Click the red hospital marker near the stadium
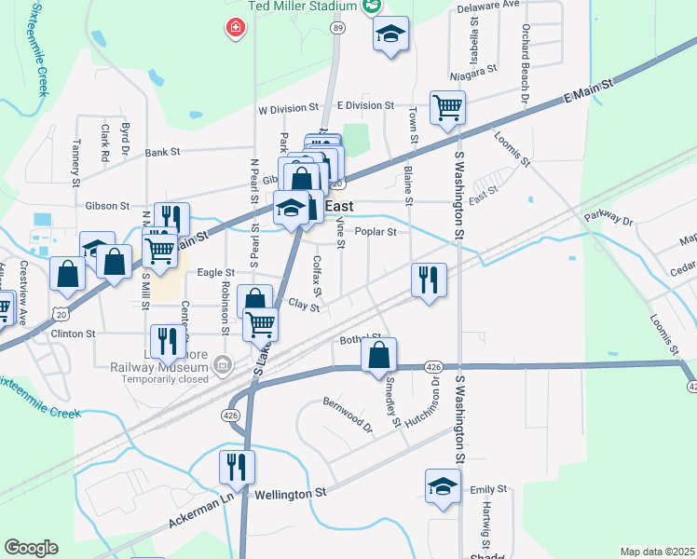pyautogui.click(x=237, y=28)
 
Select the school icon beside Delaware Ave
pyautogui.click(x=391, y=34)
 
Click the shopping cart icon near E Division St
pyautogui.click(x=447, y=107)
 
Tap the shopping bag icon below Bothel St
pyautogui.click(x=378, y=355)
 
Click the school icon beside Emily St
pyautogui.click(x=443, y=486)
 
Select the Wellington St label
pyautogui.click(x=291, y=493)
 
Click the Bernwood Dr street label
pyautogui.click(x=347, y=415)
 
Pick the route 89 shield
pyautogui.click(x=337, y=29)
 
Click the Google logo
pyautogui.click(x=31, y=548)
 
